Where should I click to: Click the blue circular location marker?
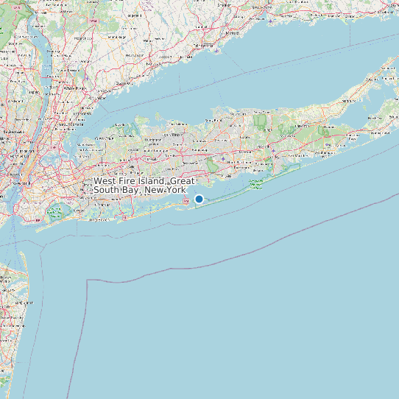pos(199,199)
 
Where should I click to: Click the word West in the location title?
pos(105,181)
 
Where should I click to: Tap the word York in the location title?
pos(175,190)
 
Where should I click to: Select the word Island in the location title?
pos(150,181)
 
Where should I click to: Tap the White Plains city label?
pos(71,88)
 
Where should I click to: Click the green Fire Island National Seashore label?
pos(256,184)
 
